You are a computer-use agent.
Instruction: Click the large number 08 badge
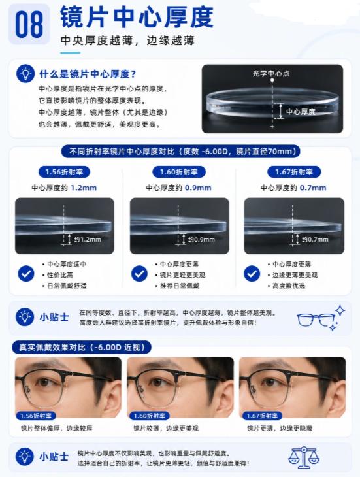click(x=29, y=24)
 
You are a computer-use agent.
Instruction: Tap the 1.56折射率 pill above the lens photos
click(x=64, y=172)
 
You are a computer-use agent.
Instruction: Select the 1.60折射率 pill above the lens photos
click(x=179, y=172)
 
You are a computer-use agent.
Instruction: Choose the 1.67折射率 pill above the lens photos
click(x=294, y=172)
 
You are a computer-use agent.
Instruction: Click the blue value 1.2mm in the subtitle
click(x=84, y=188)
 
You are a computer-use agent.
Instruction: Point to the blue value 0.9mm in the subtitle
click(x=198, y=188)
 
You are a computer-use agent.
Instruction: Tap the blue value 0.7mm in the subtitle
click(x=313, y=188)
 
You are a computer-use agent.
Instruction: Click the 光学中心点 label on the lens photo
click(x=270, y=73)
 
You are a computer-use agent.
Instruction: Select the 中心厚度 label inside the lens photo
click(x=301, y=112)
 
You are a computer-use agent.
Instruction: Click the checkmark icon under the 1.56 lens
click(x=26, y=273)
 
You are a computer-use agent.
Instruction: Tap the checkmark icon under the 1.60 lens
click(x=139, y=273)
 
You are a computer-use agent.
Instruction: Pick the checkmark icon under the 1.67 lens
click(x=252, y=273)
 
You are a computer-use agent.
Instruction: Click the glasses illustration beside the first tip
click(x=321, y=318)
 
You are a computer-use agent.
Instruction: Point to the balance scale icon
click(x=303, y=457)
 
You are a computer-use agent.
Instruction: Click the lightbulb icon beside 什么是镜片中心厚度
click(x=25, y=74)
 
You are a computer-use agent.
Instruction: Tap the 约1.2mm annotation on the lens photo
click(x=88, y=239)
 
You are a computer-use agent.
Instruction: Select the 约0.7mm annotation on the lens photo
click(x=315, y=239)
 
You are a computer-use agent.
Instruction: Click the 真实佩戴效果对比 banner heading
click(x=82, y=347)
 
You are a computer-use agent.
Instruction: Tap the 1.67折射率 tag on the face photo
click(x=262, y=416)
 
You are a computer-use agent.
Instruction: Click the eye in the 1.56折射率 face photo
click(x=43, y=382)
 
